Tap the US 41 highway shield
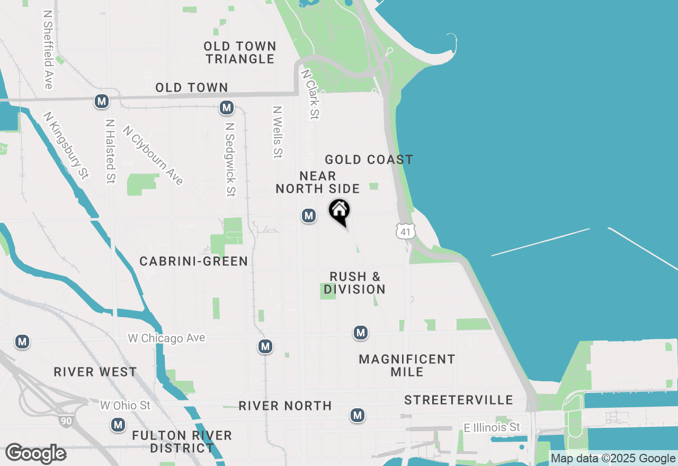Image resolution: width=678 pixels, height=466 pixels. pyautogui.click(x=405, y=231)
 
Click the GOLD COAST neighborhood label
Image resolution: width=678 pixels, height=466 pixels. pyautogui.click(x=369, y=159)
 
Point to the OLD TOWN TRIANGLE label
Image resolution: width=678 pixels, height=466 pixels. pyautogui.click(x=240, y=52)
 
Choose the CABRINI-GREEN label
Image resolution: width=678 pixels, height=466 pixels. pyautogui.click(x=194, y=261)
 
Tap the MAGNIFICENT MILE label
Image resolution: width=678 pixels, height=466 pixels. pyautogui.click(x=407, y=365)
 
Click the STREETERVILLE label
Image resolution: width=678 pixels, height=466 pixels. pyautogui.click(x=459, y=400)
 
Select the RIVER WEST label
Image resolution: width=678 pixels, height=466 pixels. pyautogui.click(x=95, y=372)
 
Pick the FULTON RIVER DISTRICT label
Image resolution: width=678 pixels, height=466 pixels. pyautogui.click(x=182, y=442)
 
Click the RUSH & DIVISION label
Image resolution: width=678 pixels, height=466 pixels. pyautogui.click(x=355, y=283)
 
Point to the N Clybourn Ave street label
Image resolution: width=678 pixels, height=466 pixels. pyautogui.click(x=153, y=155)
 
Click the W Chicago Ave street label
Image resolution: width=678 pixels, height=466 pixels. pyautogui.click(x=166, y=338)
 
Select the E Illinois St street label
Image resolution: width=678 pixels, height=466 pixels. pyautogui.click(x=492, y=427)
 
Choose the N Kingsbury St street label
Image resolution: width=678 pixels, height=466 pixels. pyautogui.click(x=66, y=145)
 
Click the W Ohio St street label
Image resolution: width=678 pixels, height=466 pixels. pyautogui.click(x=125, y=406)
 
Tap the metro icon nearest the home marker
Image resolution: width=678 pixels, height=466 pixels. pyautogui.click(x=308, y=216)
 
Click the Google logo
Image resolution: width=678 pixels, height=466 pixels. pyautogui.click(x=35, y=453)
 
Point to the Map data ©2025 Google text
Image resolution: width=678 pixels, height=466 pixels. pyautogui.click(x=613, y=459)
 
